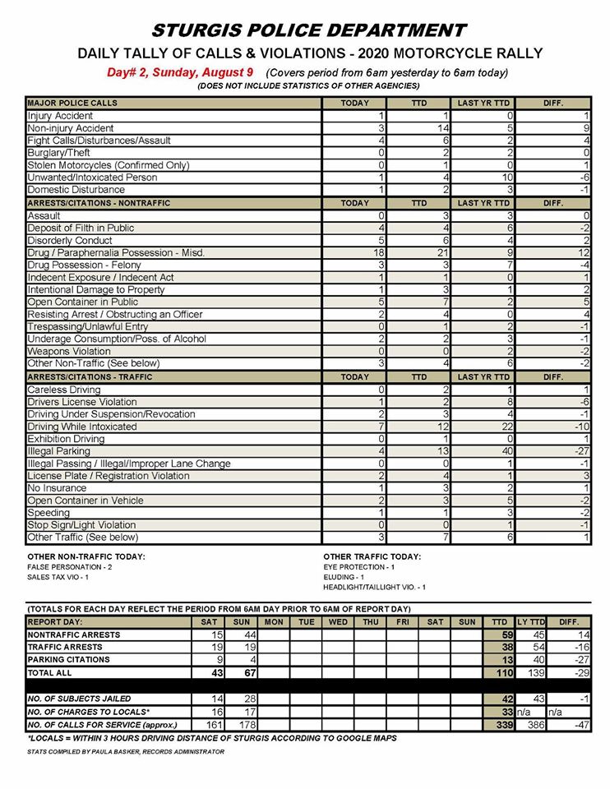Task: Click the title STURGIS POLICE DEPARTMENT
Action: pos(309,30)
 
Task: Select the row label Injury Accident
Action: pos(60,116)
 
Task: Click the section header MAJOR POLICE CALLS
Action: pos(72,104)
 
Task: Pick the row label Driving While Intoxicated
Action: pos(82,427)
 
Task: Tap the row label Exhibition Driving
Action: pos(67,439)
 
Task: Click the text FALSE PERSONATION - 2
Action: pos(70,567)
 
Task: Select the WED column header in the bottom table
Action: pos(338,622)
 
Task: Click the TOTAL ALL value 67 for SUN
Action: pos(242,673)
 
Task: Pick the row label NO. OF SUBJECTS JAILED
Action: pos(81,698)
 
